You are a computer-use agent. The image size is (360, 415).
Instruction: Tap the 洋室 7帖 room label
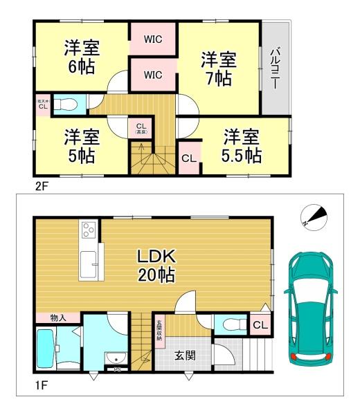pyautogui.click(x=219, y=68)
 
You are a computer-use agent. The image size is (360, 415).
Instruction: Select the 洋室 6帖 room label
pyautogui.click(x=82, y=57)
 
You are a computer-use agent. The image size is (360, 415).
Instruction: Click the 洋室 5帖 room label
pyautogui.click(x=82, y=145)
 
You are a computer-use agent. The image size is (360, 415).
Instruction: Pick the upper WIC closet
pyautogui.click(x=153, y=39)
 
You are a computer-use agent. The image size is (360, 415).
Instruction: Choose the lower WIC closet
pyautogui.click(x=153, y=73)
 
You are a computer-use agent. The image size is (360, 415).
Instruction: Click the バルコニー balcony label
pyautogui.click(x=275, y=68)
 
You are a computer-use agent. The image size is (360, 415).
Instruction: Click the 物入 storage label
pyautogui.click(x=58, y=317)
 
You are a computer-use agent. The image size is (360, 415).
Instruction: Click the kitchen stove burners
pyautogui.click(x=89, y=230)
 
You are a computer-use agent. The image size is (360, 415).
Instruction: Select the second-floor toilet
pyautogui.click(x=66, y=105)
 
